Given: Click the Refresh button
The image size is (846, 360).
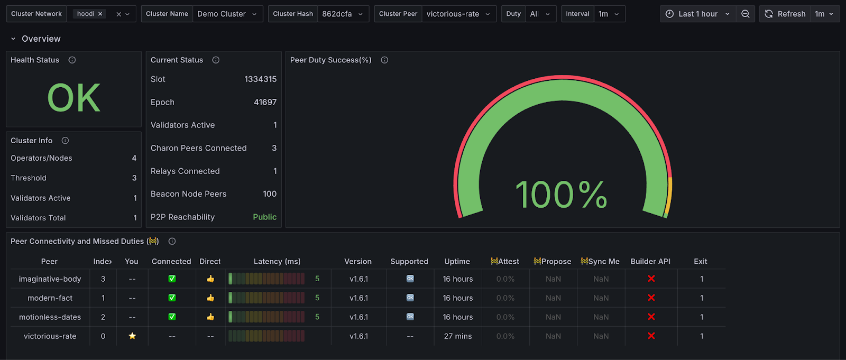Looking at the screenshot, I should [x=785, y=14].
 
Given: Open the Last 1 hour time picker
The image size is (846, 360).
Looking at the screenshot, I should [x=697, y=14].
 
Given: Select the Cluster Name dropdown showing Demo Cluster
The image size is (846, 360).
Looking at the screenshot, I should [x=226, y=14].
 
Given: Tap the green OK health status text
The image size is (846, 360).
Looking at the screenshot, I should [x=73, y=98].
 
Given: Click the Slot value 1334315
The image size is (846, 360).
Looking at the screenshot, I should [x=260, y=79].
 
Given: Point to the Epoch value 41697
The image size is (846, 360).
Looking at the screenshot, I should [x=265, y=102].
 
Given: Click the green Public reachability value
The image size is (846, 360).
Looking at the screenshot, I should [x=264, y=217].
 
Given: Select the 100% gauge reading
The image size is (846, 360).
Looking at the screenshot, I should [x=561, y=195].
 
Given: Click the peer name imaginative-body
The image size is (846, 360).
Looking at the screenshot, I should [x=50, y=279].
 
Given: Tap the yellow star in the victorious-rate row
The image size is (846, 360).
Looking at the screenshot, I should [x=132, y=336].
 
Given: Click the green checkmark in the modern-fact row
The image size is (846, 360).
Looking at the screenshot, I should [x=172, y=298].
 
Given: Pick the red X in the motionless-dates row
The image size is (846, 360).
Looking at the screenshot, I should [x=651, y=317].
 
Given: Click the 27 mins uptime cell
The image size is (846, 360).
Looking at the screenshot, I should [x=457, y=336].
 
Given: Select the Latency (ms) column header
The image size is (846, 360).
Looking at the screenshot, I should [x=277, y=261].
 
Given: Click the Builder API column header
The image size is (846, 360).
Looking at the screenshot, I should [x=650, y=261].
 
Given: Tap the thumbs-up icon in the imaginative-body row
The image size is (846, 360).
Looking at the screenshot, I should [x=210, y=279].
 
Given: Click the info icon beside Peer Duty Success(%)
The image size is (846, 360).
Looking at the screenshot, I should [x=384, y=60].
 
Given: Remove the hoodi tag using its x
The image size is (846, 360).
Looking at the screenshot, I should [x=100, y=14].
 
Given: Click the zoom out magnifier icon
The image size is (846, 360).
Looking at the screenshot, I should [x=745, y=14].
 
